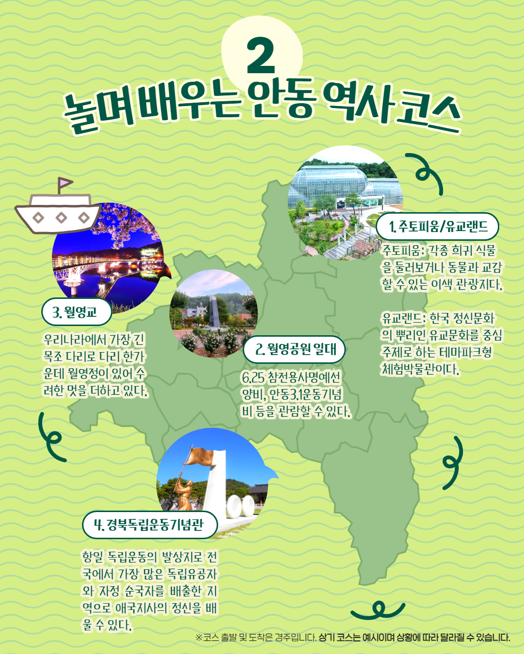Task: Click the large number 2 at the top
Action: coord(261,55)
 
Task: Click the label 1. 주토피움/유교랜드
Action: coord(437,226)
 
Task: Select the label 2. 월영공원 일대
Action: coord(294,349)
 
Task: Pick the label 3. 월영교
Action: coord(77,312)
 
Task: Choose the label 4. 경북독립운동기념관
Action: coord(150,525)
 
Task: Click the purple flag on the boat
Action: coord(65,183)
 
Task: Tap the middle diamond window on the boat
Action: coord(61,218)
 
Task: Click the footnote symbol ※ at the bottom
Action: coord(198,637)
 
